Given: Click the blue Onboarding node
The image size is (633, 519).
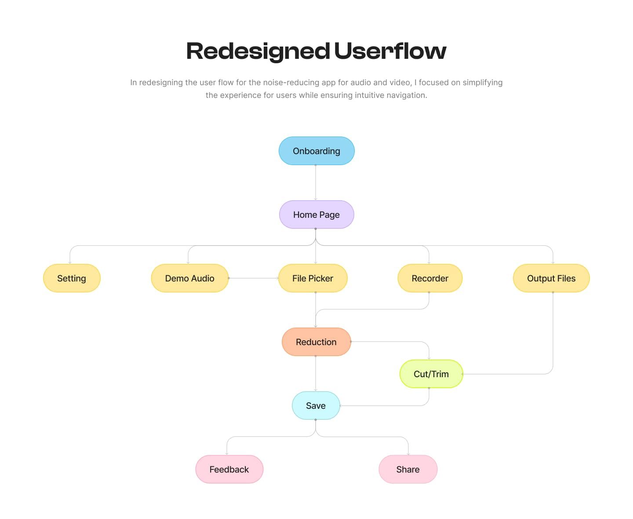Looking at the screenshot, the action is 316,151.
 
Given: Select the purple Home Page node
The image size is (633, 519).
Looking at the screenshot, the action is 316,214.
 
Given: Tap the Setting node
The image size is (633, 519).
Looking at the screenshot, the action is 72,278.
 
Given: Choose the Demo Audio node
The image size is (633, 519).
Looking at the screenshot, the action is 190,278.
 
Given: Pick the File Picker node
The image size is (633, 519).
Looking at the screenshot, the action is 313,278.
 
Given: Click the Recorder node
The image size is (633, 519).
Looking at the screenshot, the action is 430,278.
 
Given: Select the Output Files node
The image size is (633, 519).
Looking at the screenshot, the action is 551,278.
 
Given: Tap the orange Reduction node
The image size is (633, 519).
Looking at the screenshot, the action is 316,342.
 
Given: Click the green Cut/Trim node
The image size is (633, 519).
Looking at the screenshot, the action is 431,374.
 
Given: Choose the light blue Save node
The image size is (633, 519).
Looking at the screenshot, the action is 316,405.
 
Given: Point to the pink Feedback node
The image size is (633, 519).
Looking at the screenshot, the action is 229,469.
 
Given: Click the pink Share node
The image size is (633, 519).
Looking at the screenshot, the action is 408,469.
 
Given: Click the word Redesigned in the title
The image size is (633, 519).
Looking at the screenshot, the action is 258,51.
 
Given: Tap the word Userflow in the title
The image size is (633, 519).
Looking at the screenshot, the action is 390,50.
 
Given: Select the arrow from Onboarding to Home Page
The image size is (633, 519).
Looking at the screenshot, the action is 316,183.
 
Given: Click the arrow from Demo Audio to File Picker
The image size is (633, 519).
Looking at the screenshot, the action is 254,278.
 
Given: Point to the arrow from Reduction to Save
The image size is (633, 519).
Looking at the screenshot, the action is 316,374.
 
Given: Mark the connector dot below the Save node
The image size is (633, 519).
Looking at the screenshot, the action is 316,420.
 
